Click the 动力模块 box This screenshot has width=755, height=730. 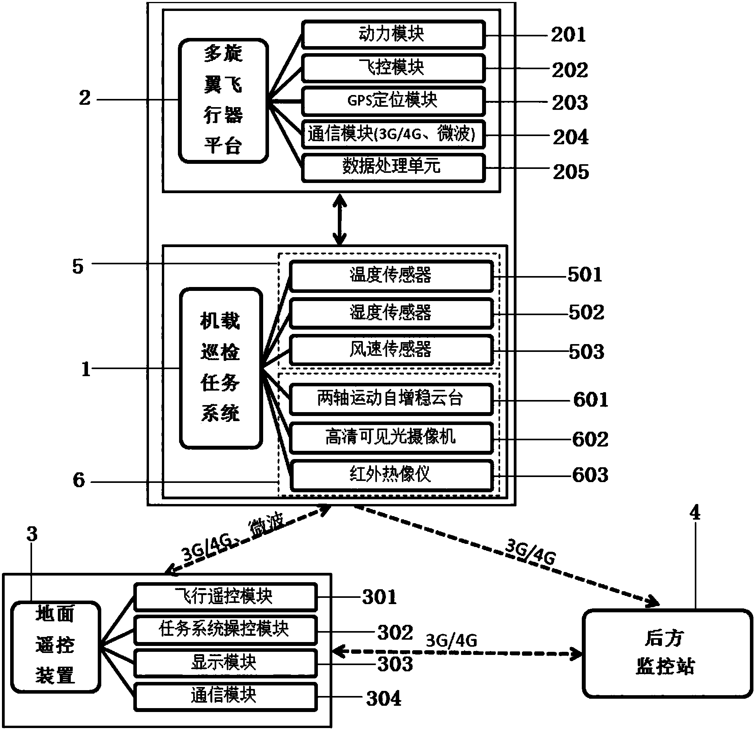point(393,34)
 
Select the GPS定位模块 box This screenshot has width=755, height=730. point(393,101)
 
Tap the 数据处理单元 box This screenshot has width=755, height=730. point(393,167)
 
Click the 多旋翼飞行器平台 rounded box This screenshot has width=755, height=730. point(224,100)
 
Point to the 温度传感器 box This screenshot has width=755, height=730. point(391,275)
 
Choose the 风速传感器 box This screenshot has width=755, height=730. point(391,350)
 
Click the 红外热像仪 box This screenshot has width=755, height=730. point(391,475)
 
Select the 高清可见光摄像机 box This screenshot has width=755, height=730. point(391,438)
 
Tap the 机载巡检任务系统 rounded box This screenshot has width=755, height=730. point(221,368)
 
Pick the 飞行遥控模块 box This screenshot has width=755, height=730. point(225,597)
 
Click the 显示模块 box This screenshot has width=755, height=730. point(225,663)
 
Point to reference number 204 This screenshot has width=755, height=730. point(570,137)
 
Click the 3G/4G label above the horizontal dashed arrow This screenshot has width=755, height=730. point(451,640)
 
